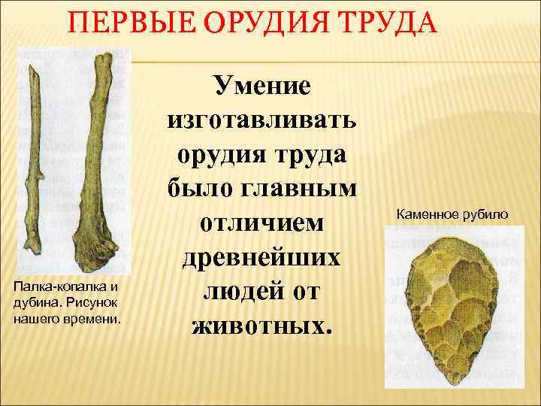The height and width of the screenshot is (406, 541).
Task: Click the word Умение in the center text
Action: [263, 86]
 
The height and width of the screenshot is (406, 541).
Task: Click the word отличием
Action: [263, 223]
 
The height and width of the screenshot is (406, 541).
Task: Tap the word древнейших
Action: [263, 257]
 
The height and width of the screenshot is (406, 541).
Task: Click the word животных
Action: [263, 325]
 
